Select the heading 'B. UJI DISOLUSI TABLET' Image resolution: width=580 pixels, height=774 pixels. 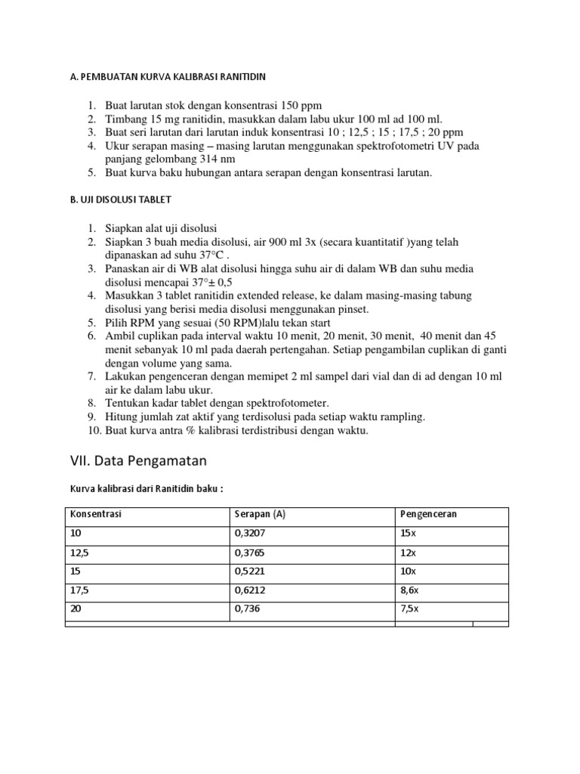coord(120,200)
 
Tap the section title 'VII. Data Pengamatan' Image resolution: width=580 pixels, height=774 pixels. coord(137,460)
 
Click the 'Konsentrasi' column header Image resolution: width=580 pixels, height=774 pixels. coord(95,514)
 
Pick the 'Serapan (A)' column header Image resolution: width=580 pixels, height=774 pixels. coord(260,514)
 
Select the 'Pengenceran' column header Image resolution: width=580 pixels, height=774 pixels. coord(428,514)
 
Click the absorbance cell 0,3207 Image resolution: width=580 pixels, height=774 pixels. coord(251,533)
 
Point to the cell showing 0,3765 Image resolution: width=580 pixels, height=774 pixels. coord(251,552)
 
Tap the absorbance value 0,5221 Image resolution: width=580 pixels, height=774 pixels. coord(251,571)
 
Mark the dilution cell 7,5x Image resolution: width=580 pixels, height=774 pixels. coord(411,608)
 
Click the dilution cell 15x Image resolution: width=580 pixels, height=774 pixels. coord(409,533)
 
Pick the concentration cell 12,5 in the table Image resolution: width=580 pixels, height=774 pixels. coord(79,552)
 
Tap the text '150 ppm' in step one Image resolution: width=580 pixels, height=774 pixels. coord(301,105)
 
